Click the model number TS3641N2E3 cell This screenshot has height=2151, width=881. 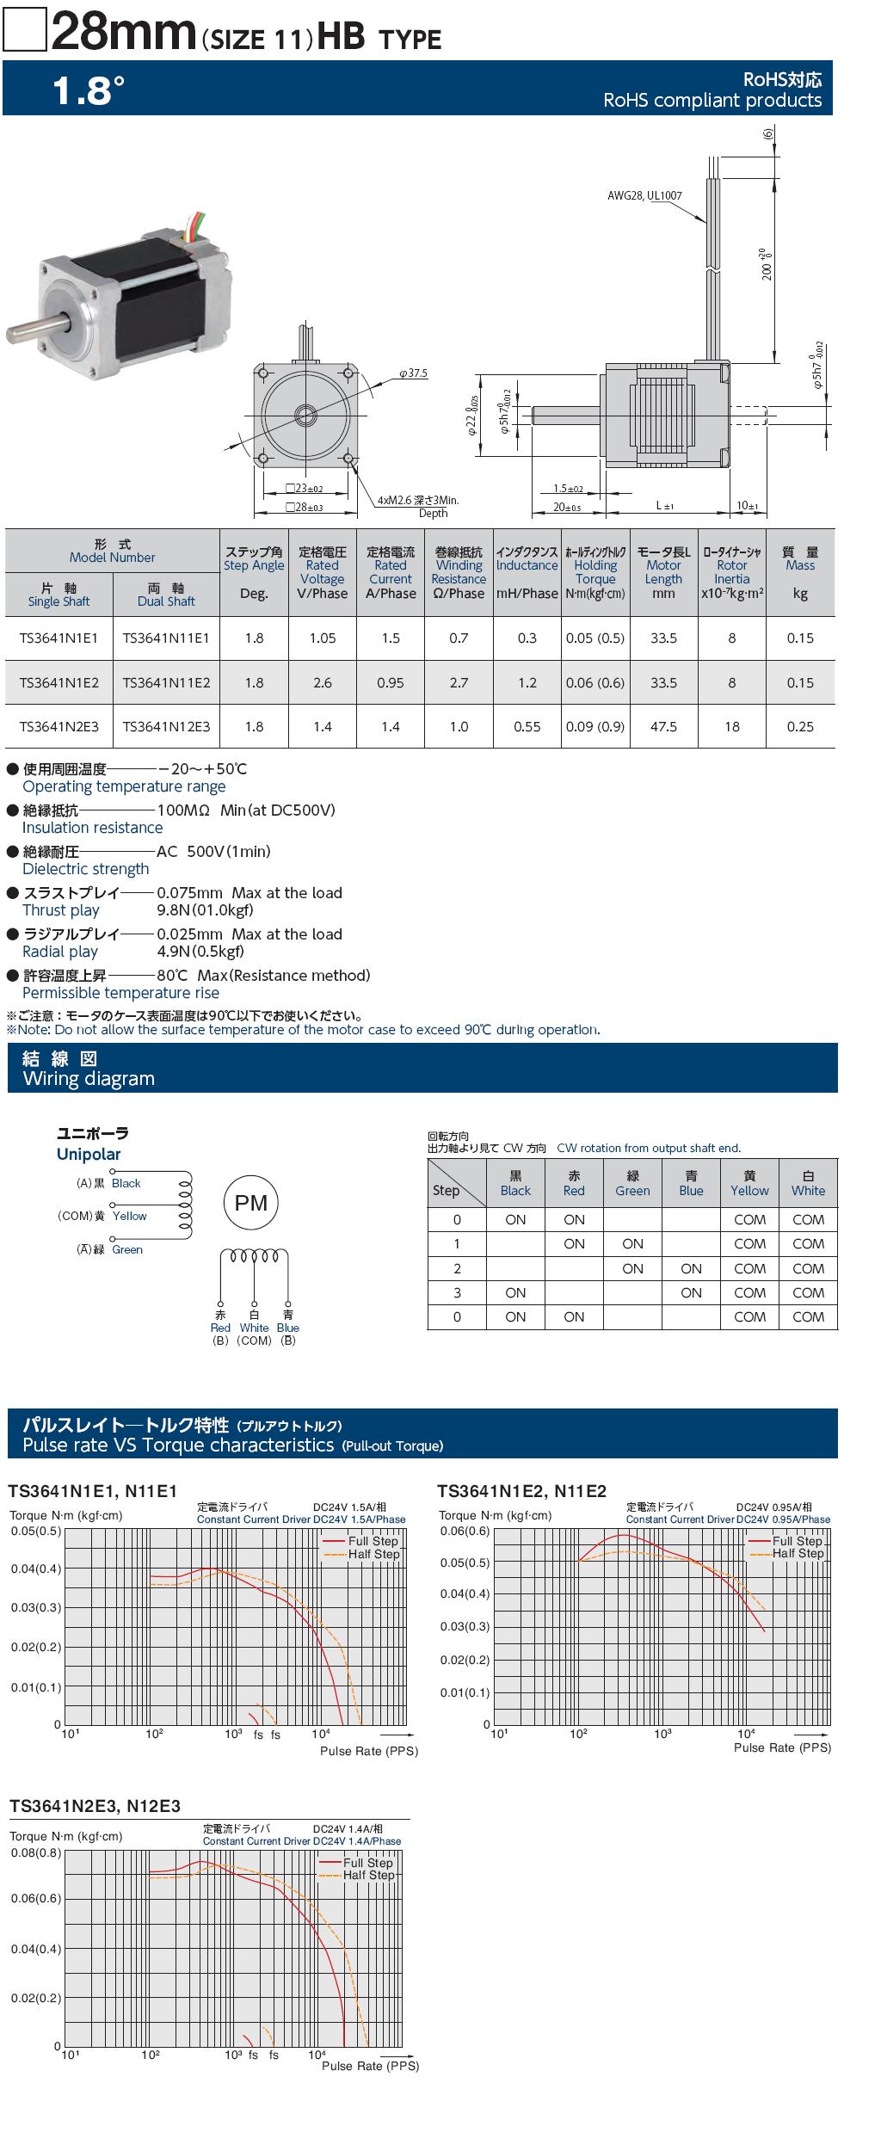click(59, 727)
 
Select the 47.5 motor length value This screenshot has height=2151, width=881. click(663, 727)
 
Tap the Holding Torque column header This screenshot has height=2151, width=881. click(595, 572)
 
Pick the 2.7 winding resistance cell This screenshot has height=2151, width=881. click(459, 682)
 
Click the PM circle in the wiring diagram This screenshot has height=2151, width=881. click(251, 1204)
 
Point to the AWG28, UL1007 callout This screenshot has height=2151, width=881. click(644, 196)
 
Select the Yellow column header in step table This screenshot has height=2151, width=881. click(749, 1183)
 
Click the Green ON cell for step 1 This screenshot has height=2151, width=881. click(632, 1244)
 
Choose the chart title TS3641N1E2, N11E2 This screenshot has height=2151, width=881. click(522, 1491)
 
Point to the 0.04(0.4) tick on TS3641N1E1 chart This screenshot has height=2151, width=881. click(36, 1569)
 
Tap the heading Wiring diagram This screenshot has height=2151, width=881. click(89, 1079)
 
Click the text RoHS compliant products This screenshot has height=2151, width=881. click(712, 101)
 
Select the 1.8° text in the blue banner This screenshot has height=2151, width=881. click(89, 90)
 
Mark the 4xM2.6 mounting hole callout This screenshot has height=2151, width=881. click(418, 500)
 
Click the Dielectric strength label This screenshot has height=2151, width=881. click(86, 869)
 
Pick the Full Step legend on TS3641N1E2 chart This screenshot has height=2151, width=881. click(798, 1541)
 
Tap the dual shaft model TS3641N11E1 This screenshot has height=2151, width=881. click(166, 638)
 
